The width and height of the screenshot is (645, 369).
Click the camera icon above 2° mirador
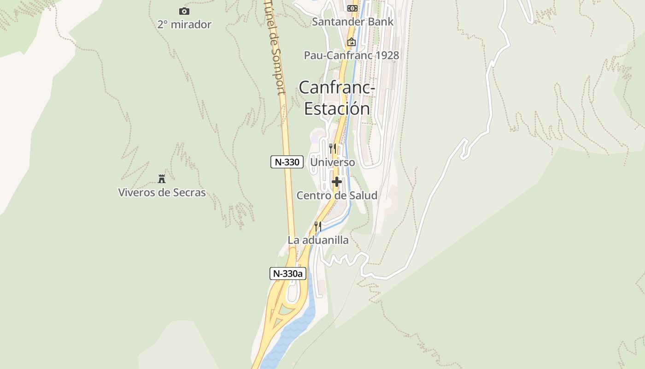click(184, 11)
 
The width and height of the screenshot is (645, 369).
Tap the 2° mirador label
click(184, 24)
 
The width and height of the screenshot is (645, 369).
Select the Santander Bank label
click(352, 22)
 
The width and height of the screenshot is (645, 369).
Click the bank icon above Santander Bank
click(352, 8)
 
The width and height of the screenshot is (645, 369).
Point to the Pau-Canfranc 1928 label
click(351, 55)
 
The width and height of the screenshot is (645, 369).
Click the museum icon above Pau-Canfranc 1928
click(352, 42)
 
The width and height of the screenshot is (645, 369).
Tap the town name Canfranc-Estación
click(337, 98)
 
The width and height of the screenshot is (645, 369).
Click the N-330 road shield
click(287, 162)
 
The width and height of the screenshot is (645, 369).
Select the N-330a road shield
click(288, 274)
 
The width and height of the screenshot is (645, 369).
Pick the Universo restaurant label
click(333, 162)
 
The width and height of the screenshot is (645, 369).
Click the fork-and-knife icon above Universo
click(333, 148)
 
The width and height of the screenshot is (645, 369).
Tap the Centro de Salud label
click(337, 196)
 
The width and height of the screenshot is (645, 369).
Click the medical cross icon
click(337, 182)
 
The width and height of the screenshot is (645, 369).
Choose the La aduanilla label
click(318, 240)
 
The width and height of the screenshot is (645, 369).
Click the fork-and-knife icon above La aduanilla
click(318, 226)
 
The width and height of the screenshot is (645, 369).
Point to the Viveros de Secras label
click(162, 192)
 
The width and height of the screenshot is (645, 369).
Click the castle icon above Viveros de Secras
click(162, 179)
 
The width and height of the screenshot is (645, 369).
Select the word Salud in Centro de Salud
click(362, 196)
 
